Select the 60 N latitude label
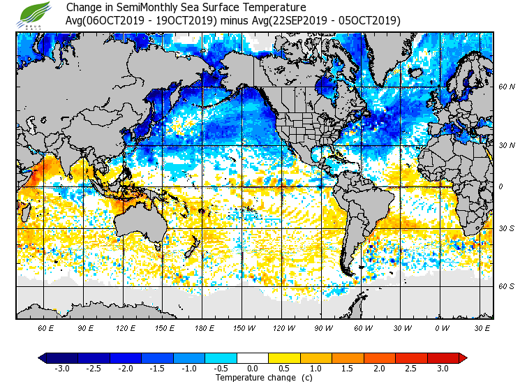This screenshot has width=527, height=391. coord(507,87)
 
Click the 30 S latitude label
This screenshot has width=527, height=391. coord(507,228)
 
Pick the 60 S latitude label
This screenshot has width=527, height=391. coord(507,286)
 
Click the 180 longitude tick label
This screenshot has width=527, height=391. coord(204,327)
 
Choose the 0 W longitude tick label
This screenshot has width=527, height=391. coord(442,327)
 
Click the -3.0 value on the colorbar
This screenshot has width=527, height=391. coord(61,368)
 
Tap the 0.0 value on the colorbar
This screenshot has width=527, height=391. coord(252,368)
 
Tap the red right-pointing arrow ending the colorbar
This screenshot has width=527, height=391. coord(462,357)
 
